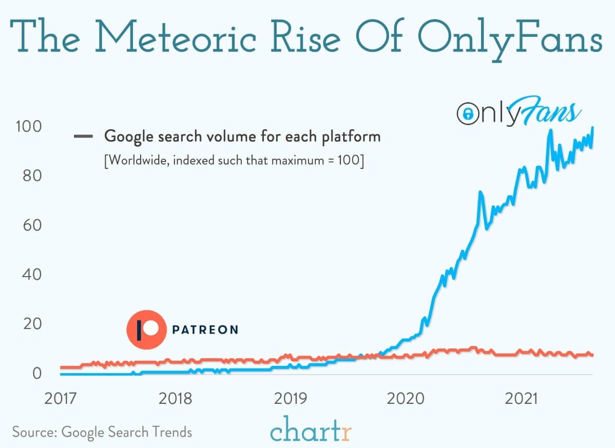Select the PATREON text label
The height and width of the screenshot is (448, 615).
tap(205, 329)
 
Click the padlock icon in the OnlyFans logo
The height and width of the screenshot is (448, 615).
tap(467, 114)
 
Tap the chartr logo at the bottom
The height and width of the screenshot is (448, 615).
tap(311, 430)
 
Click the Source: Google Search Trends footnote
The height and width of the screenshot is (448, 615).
tap(102, 432)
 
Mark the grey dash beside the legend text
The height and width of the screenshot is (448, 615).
tap(83, 137)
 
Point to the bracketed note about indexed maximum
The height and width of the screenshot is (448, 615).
tap(234, 160)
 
